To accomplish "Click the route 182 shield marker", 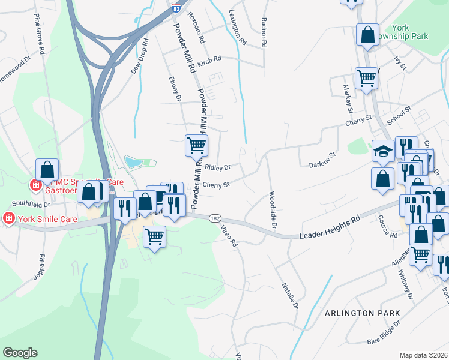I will pos(214,220).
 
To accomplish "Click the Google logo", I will pos(20,353).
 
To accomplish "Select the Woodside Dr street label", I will pos(272,210).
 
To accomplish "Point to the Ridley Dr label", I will pos(218,169).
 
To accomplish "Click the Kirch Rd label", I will pos(209,61).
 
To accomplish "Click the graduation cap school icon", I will pos(383,151).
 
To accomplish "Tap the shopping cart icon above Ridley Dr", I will pos(196,145).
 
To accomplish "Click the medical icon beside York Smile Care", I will pos(9,217).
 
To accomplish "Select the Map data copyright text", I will pos(423,355).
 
